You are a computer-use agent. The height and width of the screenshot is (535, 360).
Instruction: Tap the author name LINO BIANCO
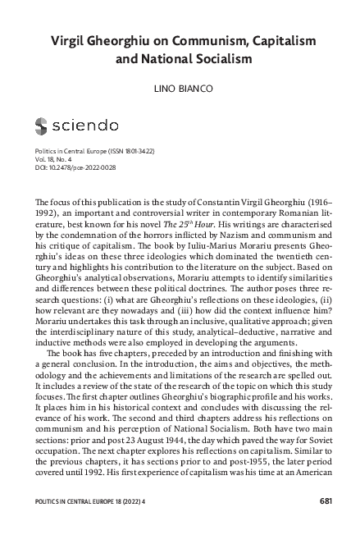coord(180,87)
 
